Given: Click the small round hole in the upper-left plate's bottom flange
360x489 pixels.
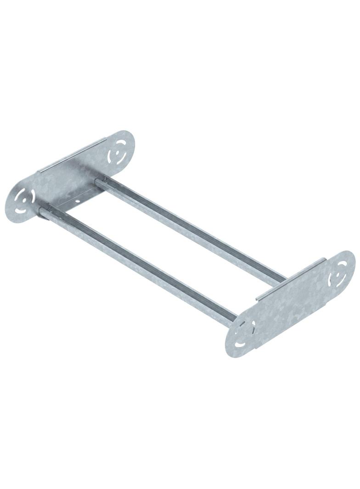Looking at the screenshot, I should [x=79, y=201].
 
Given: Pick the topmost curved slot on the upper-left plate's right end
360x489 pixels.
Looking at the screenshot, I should [x=120, y=139].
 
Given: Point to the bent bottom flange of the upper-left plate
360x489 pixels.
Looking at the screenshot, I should [x=73, y=202].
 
